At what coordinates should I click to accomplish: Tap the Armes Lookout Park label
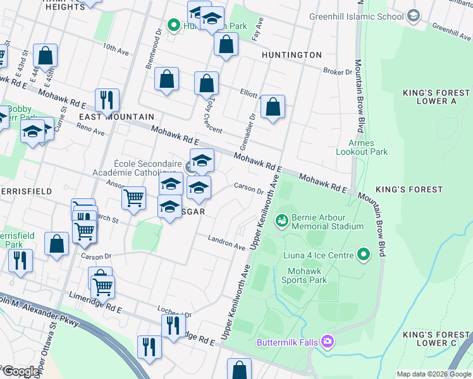(367, 147)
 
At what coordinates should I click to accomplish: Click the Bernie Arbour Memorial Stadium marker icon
(281, 221)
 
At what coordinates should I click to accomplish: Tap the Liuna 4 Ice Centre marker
(363, 255)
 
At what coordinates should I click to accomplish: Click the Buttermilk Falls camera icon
(327, 342)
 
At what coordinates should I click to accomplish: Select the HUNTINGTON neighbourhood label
(292, 55)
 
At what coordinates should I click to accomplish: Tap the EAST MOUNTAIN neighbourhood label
(116, 117)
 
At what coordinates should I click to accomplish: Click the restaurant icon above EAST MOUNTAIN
(106, 99)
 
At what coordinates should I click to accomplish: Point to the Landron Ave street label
(227, 242)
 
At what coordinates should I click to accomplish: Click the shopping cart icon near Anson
(133, 198)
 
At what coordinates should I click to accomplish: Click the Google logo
(21, 371)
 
